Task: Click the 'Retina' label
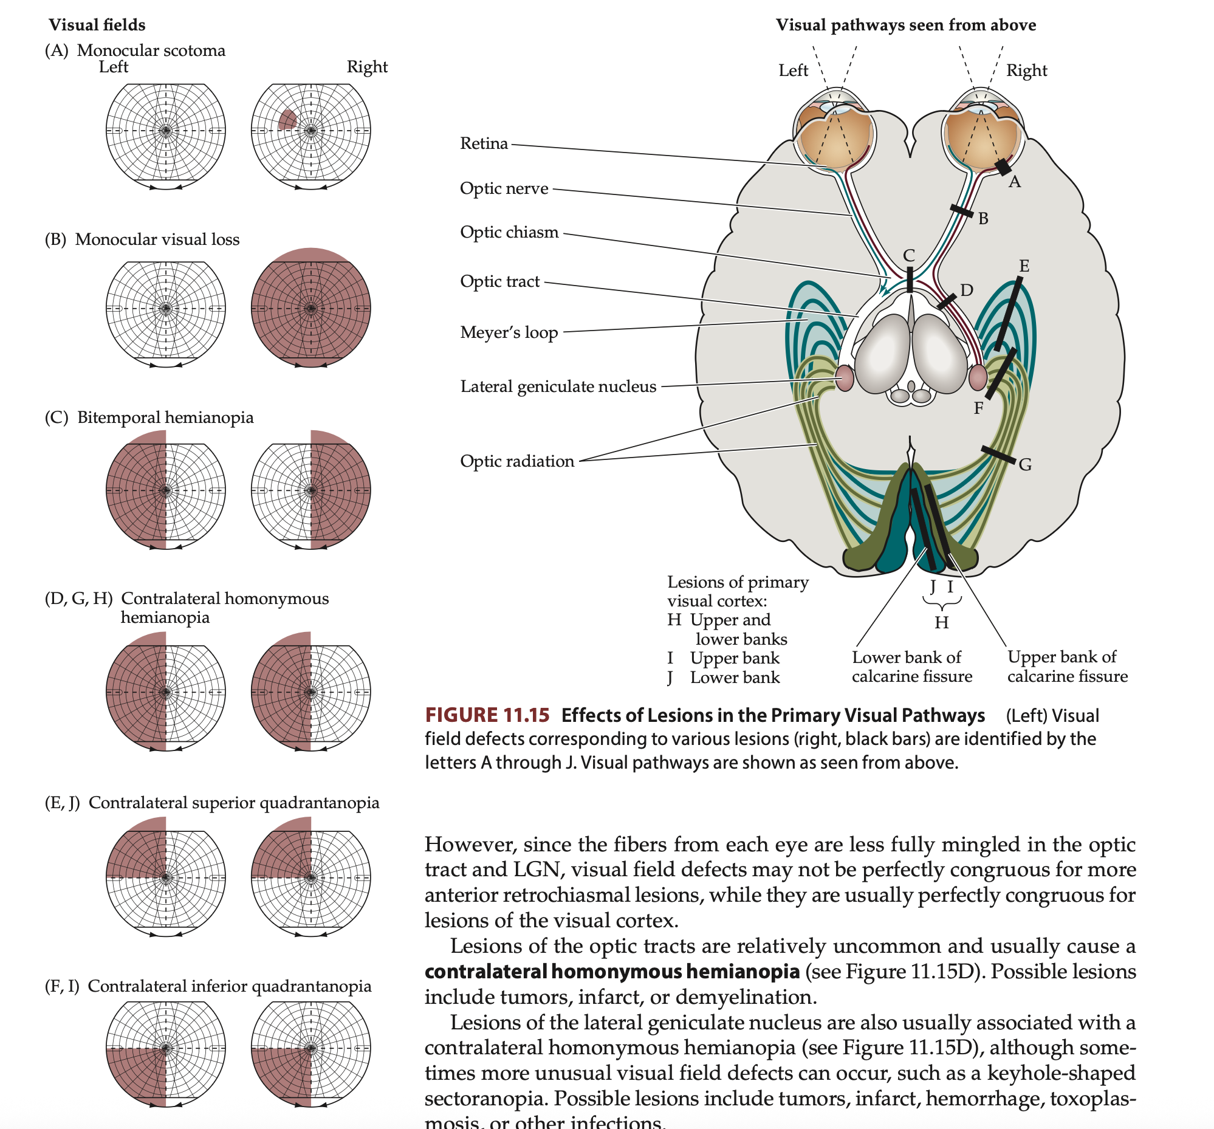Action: click(x=484, y=143)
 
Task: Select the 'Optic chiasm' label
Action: click(x=509, y=233)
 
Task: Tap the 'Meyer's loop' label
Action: click(x=509, y=333)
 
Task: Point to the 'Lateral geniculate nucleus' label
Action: click(x=558, y=386)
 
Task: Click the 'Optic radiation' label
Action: click(x=517, y=462)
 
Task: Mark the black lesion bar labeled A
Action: click(x=1003, y=166)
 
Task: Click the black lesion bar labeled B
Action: click(x=962, y=211)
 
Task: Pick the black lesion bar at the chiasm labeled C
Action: click(x=910, y=280)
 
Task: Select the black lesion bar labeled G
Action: click(x=998, y=455)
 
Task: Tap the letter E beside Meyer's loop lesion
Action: click(x=1024, y=266)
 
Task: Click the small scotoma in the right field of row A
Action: click(x=287, y=120)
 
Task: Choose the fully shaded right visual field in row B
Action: click(x=311, y=307)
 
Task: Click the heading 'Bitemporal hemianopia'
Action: click(x=165, y=417)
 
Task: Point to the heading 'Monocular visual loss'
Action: click(x=157, y=239)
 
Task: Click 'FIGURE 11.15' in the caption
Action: click(x=487, y=715)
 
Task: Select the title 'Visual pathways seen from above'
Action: click(x=905, y=25)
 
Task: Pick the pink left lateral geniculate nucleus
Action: click(x=845, y=378)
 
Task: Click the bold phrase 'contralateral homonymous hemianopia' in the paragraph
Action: click(x=612, y=972)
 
